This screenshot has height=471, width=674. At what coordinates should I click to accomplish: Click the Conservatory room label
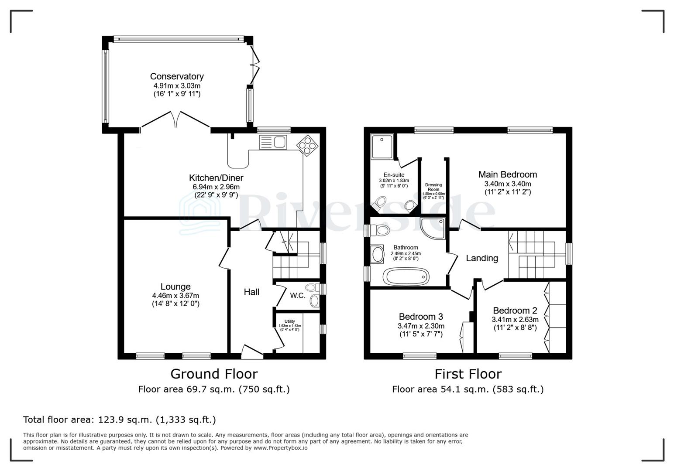click(x=177, y=76)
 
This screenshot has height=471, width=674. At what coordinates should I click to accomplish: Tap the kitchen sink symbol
click(x=272, y=142)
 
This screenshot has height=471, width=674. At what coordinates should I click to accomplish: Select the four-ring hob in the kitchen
click(x=307, y=145)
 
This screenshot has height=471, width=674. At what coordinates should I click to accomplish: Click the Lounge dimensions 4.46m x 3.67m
click(x=175, y=295)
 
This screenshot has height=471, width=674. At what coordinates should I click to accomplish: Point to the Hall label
click(x=251, y=292)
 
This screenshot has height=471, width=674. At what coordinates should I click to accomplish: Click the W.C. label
click(x=297, y=296)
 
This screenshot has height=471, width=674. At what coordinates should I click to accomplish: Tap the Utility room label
click(x=289, y=321)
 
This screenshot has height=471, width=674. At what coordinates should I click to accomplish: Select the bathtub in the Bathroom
click(x=406, y=276)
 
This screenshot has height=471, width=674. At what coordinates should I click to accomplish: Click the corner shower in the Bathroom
click(x=434, y=228)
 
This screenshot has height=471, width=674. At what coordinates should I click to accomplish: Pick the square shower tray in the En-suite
click(x=382, y=147)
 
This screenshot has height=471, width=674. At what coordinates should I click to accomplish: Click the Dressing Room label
click(x=433, y=187)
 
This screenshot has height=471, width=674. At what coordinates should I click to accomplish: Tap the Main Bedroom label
click(x=508, y=174)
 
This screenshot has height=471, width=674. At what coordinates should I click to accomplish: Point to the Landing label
click(x=482, y=258)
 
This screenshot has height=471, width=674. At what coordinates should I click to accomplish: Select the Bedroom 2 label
click(x=515, y=311)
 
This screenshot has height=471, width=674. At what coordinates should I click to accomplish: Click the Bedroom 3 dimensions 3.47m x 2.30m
click(x=421, y=326)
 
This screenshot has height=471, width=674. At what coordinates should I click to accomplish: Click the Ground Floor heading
click(x=214, y=374)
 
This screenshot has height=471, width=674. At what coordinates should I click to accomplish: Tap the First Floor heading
click(x=468, y=374)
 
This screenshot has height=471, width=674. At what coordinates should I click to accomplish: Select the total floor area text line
click(x=120, y=420)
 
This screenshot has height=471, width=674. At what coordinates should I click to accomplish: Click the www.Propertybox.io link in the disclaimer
click(x=280, y=448)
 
